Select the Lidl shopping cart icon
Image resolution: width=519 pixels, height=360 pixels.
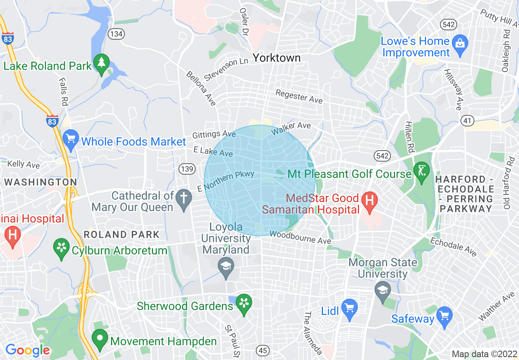(x=350, y=307)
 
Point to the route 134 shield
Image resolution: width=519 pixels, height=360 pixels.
(x=116, y=34)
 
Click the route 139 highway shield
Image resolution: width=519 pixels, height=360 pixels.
(x=187, y=169)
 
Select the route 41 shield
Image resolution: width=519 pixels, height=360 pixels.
(x=467, y=120)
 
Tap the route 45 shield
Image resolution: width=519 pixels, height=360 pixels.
(x=263, y=350)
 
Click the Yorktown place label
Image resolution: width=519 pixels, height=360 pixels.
(x=277, y=58)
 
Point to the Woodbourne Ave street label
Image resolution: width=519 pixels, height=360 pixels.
(x=300, y=237)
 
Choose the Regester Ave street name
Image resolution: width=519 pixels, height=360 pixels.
(x=299, y=97)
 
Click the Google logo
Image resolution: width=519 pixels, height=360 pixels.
(x=27, y=350)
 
